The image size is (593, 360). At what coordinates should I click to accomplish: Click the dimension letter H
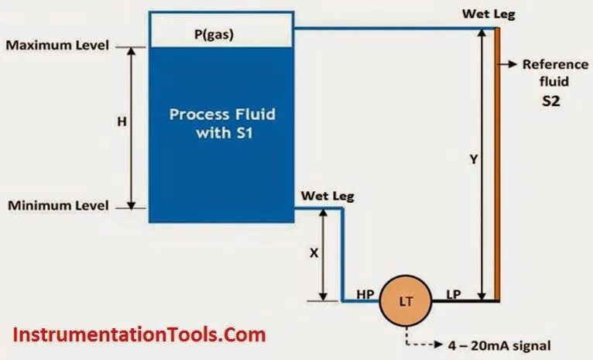click(x=122, y=122)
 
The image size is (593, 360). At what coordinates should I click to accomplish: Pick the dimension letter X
click(x=313, y=252)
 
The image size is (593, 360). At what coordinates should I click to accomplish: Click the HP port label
click(x=366, y=294)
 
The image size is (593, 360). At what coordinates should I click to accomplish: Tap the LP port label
click(x=454, y=294)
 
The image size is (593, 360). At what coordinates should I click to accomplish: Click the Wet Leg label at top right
click(x=489, y=13)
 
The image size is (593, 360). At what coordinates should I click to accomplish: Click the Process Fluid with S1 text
click(x=222, y=123)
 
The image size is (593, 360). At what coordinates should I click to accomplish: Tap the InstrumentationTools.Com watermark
click(x=140, y=335)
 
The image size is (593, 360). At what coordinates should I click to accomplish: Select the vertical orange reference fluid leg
click(x=498, y=163)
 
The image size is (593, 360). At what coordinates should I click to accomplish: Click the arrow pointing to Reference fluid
click(x=509, y=65)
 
